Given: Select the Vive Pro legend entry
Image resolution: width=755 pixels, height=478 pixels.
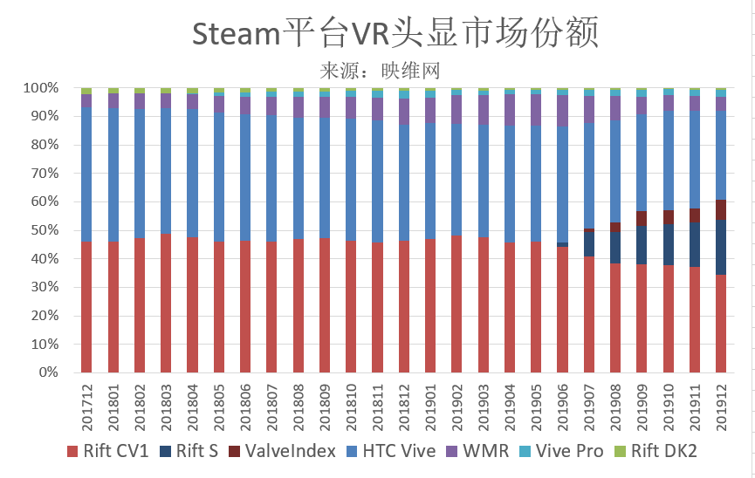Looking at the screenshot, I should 561,451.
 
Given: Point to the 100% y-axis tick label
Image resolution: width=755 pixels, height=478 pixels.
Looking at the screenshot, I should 40,88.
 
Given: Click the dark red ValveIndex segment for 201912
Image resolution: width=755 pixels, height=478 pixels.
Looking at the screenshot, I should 722,209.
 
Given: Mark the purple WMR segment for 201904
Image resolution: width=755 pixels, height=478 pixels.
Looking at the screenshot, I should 510,109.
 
